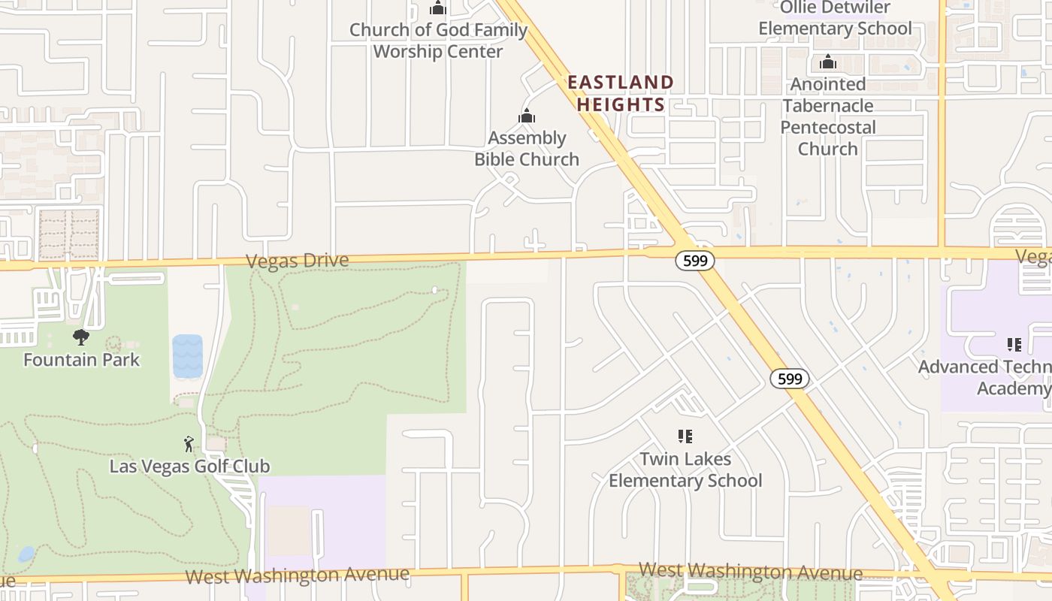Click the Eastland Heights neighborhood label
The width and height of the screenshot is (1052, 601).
[620, 93]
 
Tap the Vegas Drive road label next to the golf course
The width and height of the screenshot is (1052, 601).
[298, 261]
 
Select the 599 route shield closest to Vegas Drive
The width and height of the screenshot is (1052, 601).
[694, 261]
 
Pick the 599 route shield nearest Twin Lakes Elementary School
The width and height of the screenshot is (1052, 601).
[789, 379]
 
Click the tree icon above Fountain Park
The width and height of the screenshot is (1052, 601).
[81, 337]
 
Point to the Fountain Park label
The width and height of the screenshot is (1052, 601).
[81, 360]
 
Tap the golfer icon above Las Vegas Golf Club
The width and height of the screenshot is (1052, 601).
[189, 444]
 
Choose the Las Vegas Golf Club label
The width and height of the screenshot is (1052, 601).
[189, 467]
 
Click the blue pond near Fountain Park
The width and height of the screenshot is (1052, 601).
[187, 356]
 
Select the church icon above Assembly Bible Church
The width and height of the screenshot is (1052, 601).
[527, 116]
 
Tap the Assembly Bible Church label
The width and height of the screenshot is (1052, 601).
[527, 149]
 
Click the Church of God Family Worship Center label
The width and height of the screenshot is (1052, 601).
[438, 41]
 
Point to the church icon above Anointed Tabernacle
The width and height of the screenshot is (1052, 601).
[828, 62]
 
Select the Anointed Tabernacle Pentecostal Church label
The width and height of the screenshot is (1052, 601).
[828, 116]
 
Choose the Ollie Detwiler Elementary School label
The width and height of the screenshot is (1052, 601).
[835, 19]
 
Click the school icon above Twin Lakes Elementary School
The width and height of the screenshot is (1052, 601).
[685, 436]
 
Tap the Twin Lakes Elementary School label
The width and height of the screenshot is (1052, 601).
[685, 470]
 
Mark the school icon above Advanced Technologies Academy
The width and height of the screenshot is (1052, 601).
[1014, 345]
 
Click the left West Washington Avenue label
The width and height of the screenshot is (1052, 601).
[298, 575]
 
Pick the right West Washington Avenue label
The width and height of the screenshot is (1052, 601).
[750, 570]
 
